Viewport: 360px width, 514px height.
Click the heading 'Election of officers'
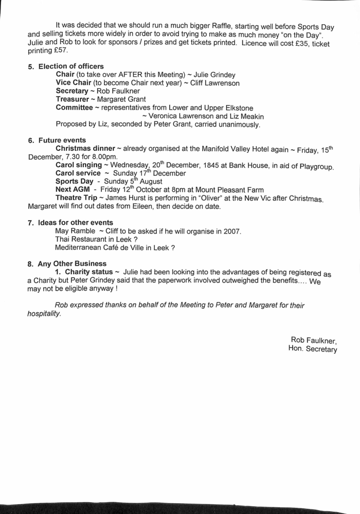tap(71, 66)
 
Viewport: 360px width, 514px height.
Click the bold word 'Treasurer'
tap(73, 99)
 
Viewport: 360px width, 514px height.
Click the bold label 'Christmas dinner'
tap(85, 149)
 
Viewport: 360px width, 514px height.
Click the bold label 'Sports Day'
tap(74, 182)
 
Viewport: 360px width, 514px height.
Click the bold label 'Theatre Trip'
tap(77, 198)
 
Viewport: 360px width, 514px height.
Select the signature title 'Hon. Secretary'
tap(313, 349)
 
